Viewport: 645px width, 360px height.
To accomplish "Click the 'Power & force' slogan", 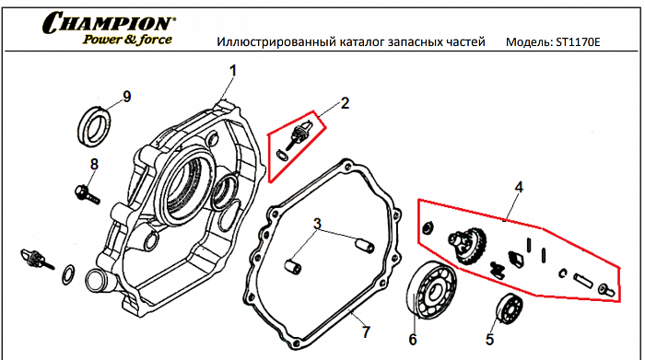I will tap(133, 40).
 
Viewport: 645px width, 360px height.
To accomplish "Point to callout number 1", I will tap(233, 71).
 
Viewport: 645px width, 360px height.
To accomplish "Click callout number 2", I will tap(345, 103).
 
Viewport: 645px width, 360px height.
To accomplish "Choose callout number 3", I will tap(316, 224).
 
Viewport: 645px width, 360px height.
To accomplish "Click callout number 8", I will tap(93, 165).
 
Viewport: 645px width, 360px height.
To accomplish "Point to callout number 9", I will tap(127, 97).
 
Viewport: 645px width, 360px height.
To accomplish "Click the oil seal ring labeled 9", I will tap(95, 124).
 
